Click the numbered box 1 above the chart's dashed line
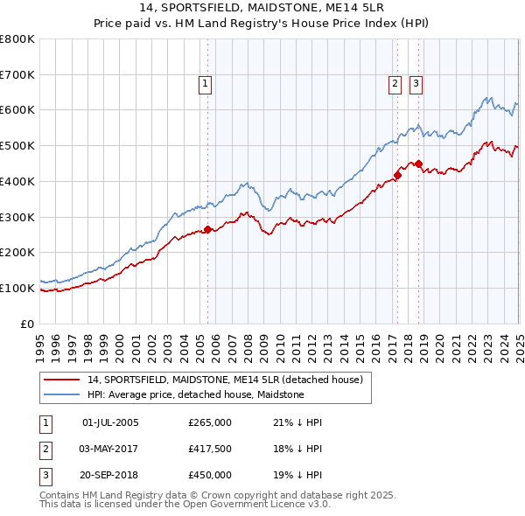205,84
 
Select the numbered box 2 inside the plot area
395,84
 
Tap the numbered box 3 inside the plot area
416,84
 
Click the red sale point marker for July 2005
208,229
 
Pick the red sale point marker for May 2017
397,175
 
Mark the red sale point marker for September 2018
419,164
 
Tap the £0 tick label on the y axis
28,324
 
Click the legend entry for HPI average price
195,394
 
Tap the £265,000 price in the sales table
210,422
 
